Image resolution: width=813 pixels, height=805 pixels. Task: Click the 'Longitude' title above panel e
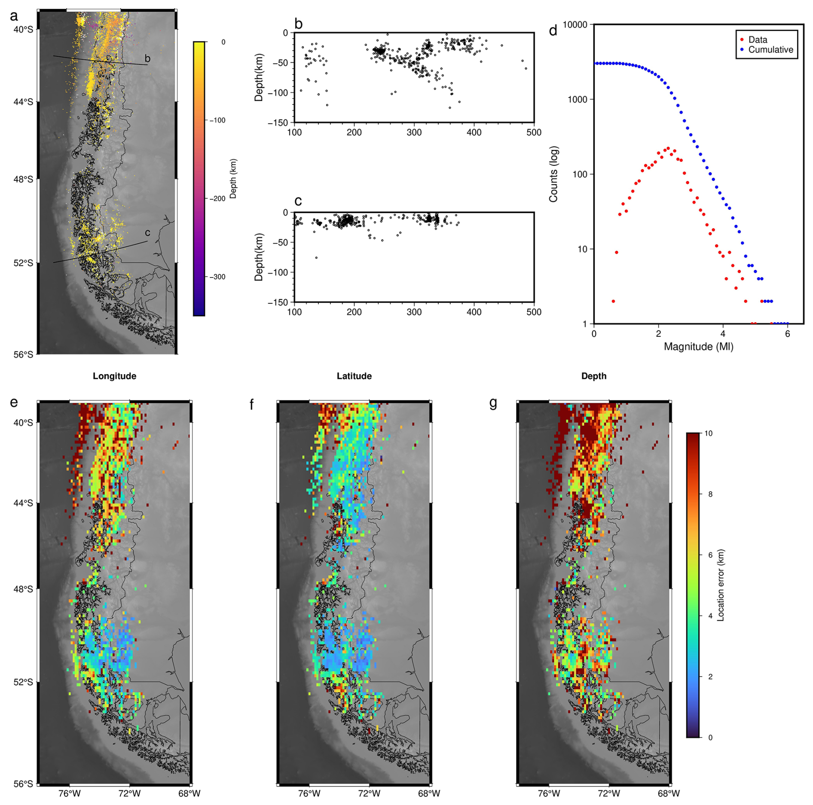pyautogui.click(x=114, y=376)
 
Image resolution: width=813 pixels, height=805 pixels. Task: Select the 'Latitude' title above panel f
pyautogui.click(x=354, y=376)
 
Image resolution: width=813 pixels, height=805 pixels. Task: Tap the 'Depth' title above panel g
pyautogui.click(x=594, y=376)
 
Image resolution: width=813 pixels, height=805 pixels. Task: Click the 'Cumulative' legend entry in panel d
pyautogui.click(x=770, y=50)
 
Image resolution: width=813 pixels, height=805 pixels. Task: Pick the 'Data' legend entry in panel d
pyautogui.click(x=758, y=40)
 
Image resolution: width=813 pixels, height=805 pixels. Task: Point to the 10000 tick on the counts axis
pyautogui.click(x=575, y=25)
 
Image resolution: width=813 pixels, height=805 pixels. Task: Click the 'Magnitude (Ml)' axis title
pyautogui.click(x=698, y=347)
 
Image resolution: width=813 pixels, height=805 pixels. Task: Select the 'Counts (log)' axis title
pyautogui.click(x=553, y=174)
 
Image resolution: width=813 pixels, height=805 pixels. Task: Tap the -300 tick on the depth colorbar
pyautogui.click(x=217, y=277)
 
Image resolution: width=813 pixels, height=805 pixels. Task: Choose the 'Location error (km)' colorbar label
pyautogui.click(x=721, y=585)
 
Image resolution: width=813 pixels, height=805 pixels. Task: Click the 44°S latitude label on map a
pyautogui.click(x=23, y=102)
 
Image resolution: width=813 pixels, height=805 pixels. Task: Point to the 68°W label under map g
pyautogui.click(x=669, y=793)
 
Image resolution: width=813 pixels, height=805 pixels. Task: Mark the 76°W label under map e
pyautogui.click(x=70, y=793)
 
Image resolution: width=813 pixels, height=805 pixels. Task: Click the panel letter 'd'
pyautogui.click(x=553, y=30)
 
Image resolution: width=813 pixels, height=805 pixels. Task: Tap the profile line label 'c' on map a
pyautogui.click(x=147, y=233)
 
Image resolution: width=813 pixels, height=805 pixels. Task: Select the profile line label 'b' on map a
pyautogui.click(x=147, y=58)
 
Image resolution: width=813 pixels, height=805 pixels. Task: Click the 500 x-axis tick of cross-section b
pyautogui.click(x=534, y=132)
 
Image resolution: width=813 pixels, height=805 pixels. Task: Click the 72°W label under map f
pyautogui.click(x=369, y=793)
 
